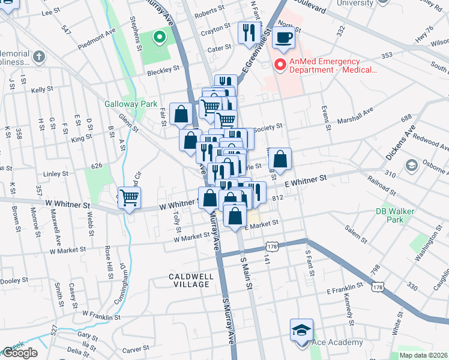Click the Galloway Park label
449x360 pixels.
[x=130, y=104]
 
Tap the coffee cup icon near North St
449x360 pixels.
[x=284, y=38]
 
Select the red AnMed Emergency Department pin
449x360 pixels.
[x=280, y=65]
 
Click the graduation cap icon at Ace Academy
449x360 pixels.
[x=301, y=330]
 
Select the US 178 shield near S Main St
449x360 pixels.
[x=273, y=247]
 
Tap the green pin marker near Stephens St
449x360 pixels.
[x=159, y=38]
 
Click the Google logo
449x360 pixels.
[x=20, y=353]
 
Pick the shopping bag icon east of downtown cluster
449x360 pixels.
[x=280, y=160]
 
